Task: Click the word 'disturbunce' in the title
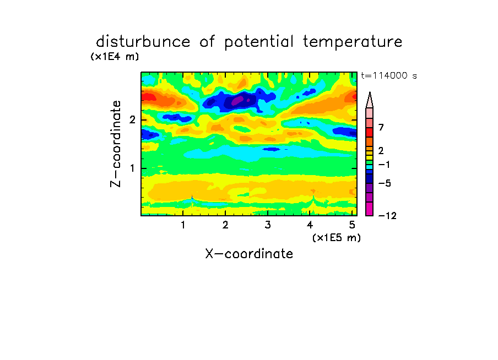(143, 42)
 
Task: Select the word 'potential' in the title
(259, 42)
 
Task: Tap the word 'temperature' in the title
(353, 42)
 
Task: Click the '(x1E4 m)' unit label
(115, 57)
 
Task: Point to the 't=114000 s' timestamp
(389, 75)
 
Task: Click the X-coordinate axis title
(249, 254)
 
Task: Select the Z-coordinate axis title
(116, 144)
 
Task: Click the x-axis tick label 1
(183, 225)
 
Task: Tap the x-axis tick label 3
(268, 225)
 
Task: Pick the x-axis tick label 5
(352, 225)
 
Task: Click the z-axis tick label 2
(132, 120)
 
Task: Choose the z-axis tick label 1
(132, 168)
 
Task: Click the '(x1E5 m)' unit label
(337, 238)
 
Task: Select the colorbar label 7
(381, 128)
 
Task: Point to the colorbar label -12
(387, 216)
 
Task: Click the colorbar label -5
(385, 183)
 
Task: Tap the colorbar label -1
(385, 165)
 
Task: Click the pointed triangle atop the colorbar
(370, 100)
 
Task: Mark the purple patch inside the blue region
(237, 101)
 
